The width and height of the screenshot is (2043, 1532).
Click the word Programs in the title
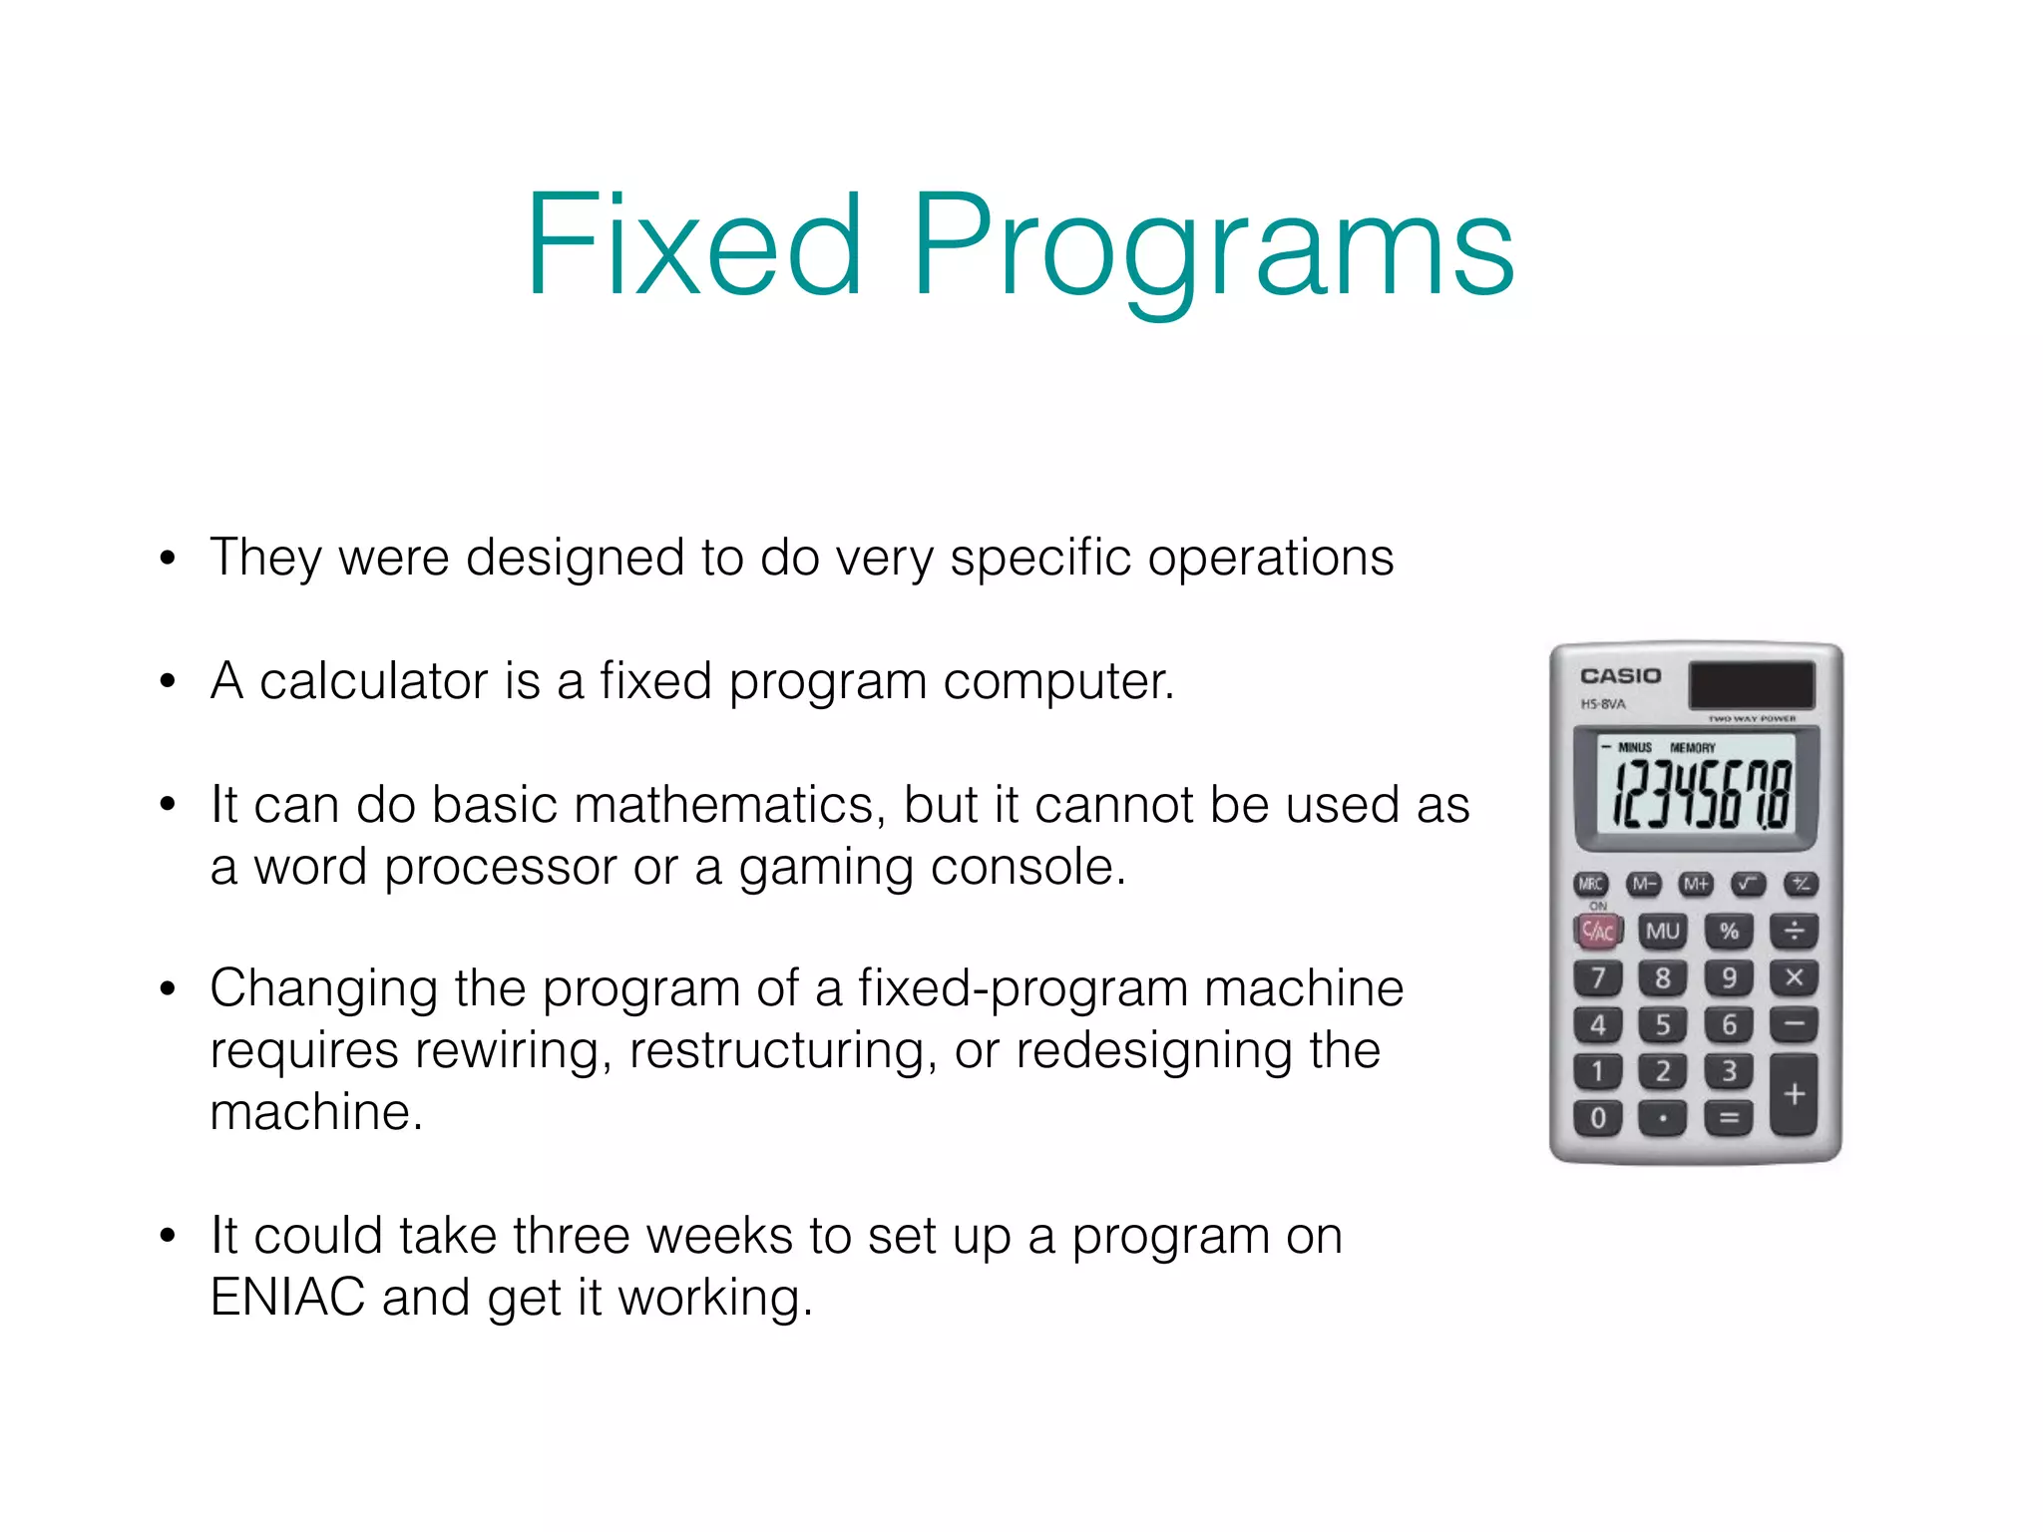pyautogui.click(x=1213, y=249)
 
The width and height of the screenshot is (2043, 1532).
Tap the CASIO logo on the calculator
pyautogui.click(x=1620, y=676)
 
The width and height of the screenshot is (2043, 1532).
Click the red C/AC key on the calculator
pyautogui.click(x=1598, y=932)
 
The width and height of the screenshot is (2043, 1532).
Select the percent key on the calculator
pyautogui.click(x=1729, y=932)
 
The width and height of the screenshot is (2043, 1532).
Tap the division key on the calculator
pyautogui.click(x=1794, y=932)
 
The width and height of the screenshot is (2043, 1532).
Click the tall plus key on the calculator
pyautogui.click(x=1794, y=1095)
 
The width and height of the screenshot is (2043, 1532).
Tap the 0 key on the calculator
pyautogui.click(x=1598, y=1118)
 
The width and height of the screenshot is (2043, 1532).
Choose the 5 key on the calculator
pyautogui.click(x=1663, y=1024)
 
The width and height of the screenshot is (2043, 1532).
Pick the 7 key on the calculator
pyautogui.click(x=1598, y=977)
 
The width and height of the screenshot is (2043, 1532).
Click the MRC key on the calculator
pyautogui.click(x=1591, y=884)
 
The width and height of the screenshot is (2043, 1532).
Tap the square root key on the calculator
pyautogui.click(x=1748, y=884)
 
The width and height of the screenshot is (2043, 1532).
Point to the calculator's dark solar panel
pyautogui.click(x=1751, y=685)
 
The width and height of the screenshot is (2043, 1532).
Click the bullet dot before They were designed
pyautogui.click(x=168, y=559)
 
